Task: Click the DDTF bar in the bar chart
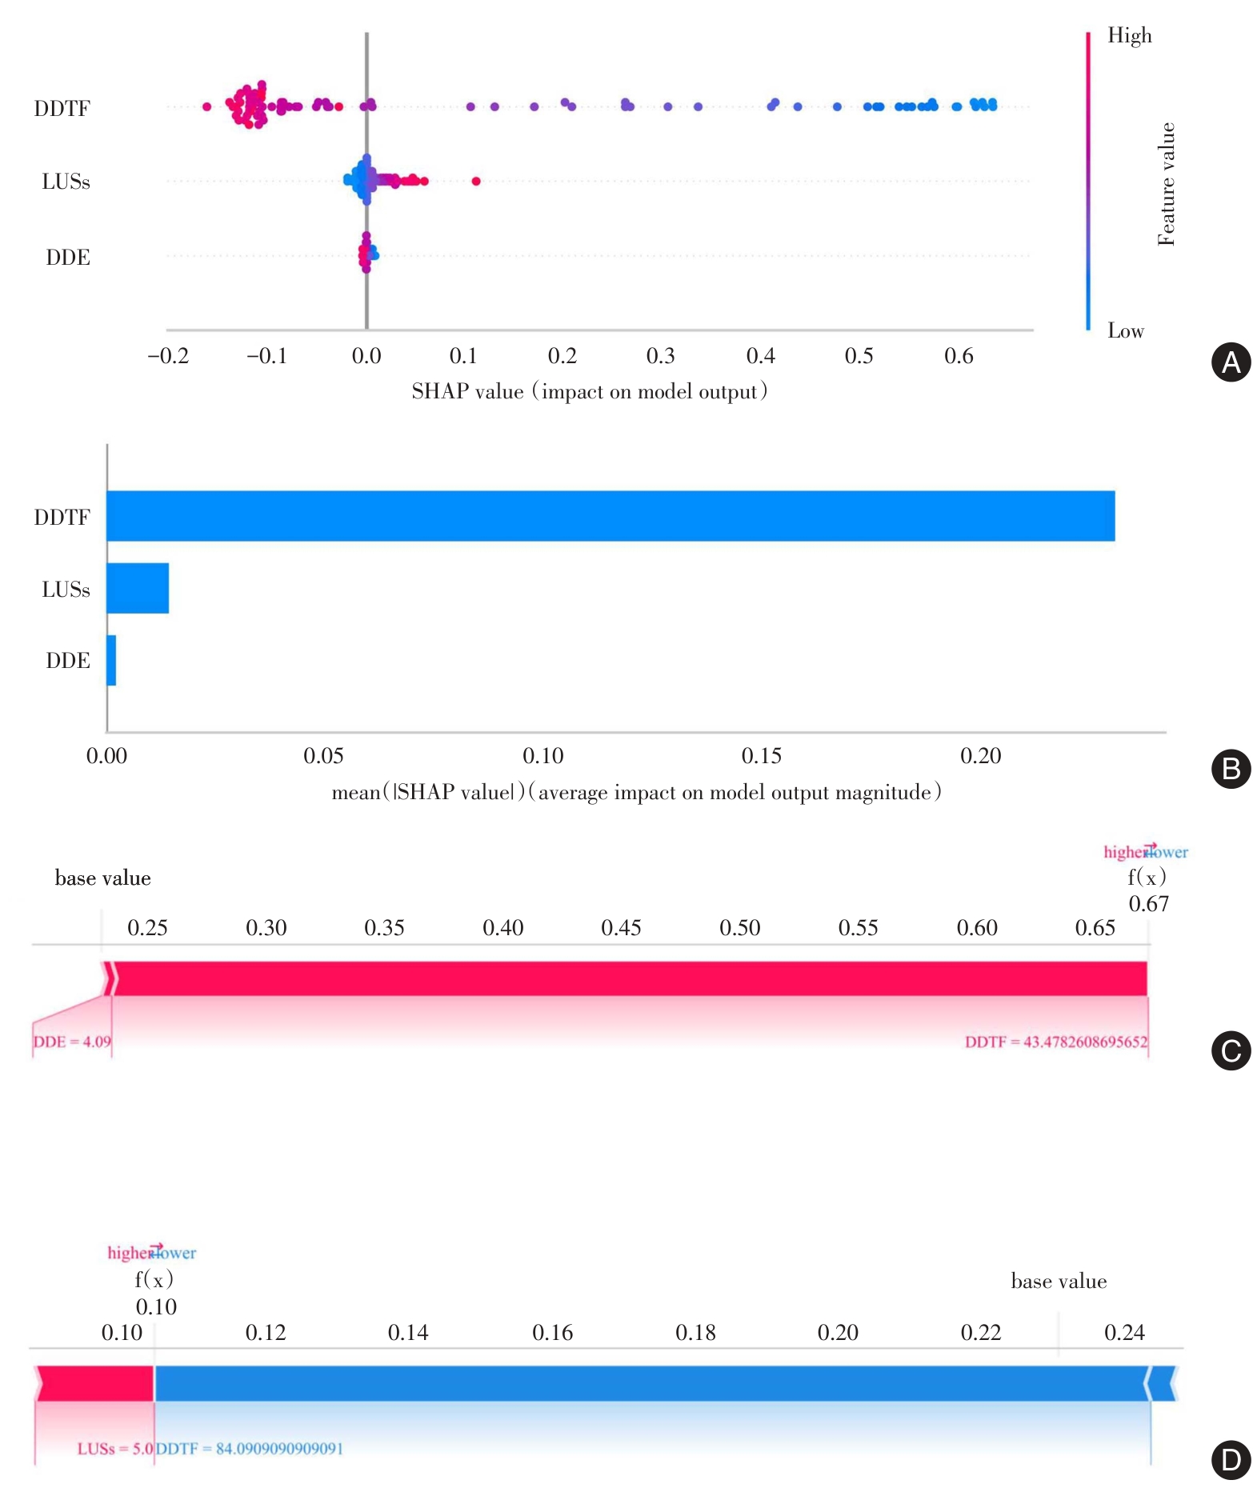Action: [x=610, y=516]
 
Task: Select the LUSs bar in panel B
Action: [x=138, y=588]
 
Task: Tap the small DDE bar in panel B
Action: [x=111, y=660]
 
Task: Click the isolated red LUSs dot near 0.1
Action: [x=476, y=181]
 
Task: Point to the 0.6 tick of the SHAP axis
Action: [x=959, y=356]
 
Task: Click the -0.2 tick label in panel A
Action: [x=169, y=356]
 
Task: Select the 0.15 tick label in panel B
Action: [x=761, y=756]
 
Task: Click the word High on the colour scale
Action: [x=1129, y=35]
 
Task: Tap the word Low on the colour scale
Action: [x=1125, y=330]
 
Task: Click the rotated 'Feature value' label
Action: [x=1167, y=184]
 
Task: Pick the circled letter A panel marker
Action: [x=1231, y=362]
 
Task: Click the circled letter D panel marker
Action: [x=1231, y=1459]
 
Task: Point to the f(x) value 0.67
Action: [x=1148, y=904]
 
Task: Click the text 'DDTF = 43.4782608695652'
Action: [x=1055, y=1042]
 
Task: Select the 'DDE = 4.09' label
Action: [x=72, y=1042]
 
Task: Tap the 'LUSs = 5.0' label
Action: [x=114, y=1448]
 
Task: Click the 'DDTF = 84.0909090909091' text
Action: [x=250, y=1448]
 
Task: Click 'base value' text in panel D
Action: [x=1058, y=1282]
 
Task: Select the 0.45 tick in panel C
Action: [x=621, y=928]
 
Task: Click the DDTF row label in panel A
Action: [x=62, y=109]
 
